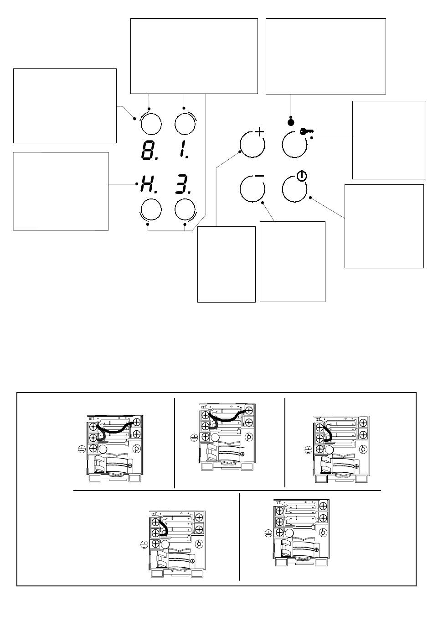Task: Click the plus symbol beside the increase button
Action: [x=260, y=131]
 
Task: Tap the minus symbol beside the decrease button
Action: [x=259, y=176]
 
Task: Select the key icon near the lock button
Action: [x=307, y=131]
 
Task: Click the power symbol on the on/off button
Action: [x=302, y=176]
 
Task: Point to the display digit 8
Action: [x=149, y=151]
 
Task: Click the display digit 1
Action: [x=183, y=151]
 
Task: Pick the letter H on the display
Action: [x=148, y=184]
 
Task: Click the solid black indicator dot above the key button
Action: [x=291, y=122]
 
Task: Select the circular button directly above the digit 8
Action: [x=151, y=124]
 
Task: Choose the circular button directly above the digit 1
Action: [x=185, y=124]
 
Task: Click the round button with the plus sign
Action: [x=252, y=145]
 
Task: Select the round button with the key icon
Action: [x=294, y=145]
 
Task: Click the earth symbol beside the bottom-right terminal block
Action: [x=268, y=533]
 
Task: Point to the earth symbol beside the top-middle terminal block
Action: [x=194, y=438]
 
